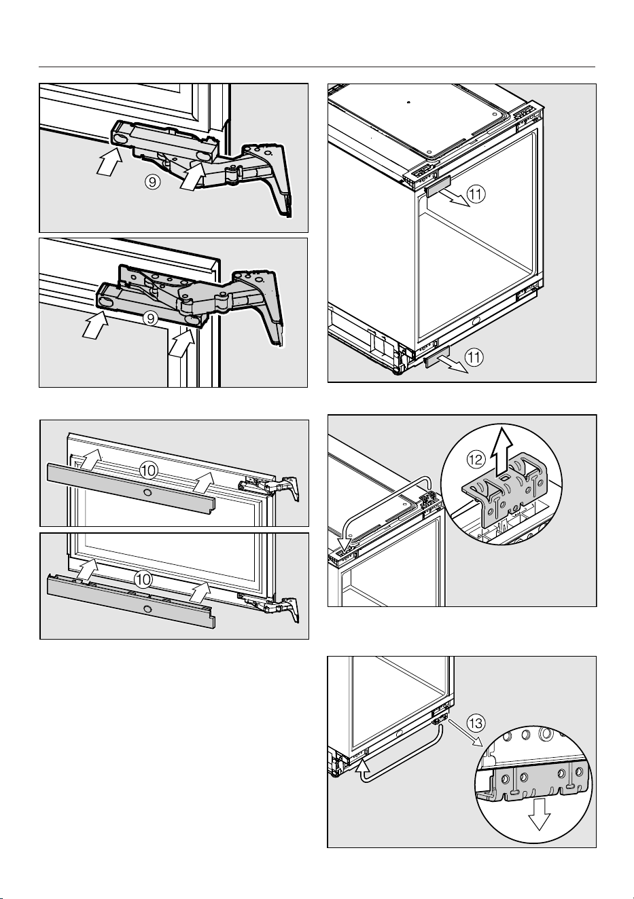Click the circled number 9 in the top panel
click(153, 183)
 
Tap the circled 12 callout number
click(476, 459)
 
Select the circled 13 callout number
click(476, 723)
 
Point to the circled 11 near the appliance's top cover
click(476, 194)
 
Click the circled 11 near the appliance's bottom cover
click(474, 357)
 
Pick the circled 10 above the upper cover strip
click(149, 471)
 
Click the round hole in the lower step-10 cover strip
click(148, 608)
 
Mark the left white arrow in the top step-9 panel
click(109, 160)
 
